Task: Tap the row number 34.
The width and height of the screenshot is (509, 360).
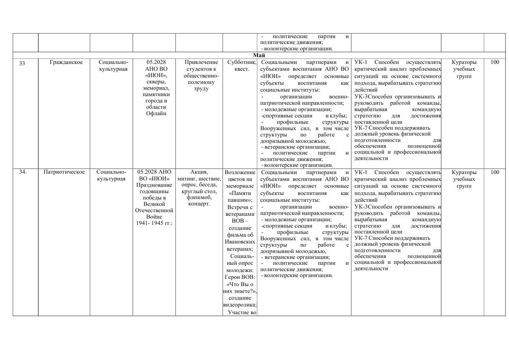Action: (x=23, y=172)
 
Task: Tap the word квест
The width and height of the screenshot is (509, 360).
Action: (x=241, y=69)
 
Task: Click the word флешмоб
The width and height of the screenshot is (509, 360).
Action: (x=199, y=197)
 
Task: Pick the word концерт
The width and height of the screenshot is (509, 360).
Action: (x=199, y=204)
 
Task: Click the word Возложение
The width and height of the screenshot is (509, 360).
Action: (x=240, y=173)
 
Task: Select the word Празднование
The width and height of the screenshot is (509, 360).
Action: (x=154, y=185)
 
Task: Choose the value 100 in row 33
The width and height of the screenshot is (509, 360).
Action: (x=494, y=63)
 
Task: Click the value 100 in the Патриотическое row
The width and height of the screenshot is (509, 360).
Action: (x=494, y=172)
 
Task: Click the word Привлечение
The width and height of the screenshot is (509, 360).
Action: (x=199, y=63)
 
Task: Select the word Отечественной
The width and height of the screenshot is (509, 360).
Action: (x=154, y=210)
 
